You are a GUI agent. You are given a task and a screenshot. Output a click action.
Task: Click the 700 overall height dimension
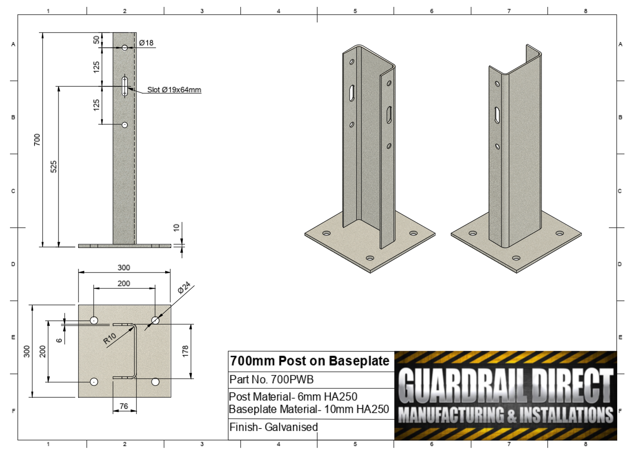pyautogui.click(x=37, y=139)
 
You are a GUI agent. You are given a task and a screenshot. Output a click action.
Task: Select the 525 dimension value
pyautogui.click(x=54, y=167)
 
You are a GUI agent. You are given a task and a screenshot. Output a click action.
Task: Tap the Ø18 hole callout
pyautogui.click(x=146, y=43)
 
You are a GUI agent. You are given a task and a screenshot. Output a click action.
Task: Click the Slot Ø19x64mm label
pyautogui.click(x=174, y=90)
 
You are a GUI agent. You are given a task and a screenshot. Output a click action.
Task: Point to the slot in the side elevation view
pyautogui.click(x=125, y=86)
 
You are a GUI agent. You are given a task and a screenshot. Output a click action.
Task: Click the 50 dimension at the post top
pyautogui.click(x=97, y=40)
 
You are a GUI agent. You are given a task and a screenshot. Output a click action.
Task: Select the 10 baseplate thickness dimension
pyautogui.click(x=176, y=227)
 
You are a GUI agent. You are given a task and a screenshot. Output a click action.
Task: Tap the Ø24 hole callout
pyautogui.click(x=184, y=288)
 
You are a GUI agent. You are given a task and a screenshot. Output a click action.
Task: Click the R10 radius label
pyautogui.click(x=110, y=339)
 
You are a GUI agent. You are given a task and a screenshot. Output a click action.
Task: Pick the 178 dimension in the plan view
pyautogui.click(x=186, y=351)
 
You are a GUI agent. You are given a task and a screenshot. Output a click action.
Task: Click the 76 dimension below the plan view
pyautogui.click(x=124, y=406)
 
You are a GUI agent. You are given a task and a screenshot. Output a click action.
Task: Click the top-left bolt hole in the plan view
pyautogui.click(x=94, y=320)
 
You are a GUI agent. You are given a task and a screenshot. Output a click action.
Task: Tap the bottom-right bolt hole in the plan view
pyautogui.click(x=155, y=382)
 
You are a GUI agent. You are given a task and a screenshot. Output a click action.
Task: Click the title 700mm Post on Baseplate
pyautogui.click(x=309, y=361)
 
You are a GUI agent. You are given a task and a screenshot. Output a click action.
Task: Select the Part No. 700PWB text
pyautogui.click(x=271, y=379)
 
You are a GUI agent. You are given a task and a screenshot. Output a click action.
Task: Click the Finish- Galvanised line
pyautogui.click(x=274, y=427)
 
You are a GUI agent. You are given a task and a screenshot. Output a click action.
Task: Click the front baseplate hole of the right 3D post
pyautogui.click(x=516, y=258)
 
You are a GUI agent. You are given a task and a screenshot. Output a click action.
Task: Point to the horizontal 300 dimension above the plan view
pyautogui.click(x=124, y=268)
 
